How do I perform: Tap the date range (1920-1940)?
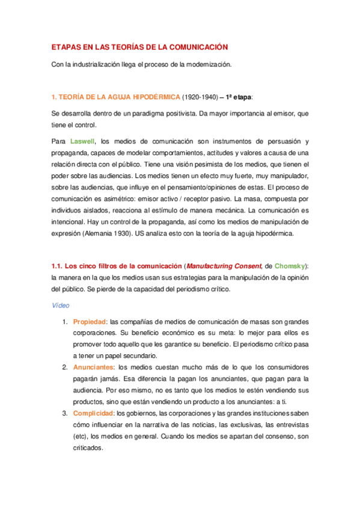coord(201,97)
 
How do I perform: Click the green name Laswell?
coord(82,141)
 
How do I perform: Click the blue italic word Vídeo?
coord(59,306)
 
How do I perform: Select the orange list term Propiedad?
coord(90,321)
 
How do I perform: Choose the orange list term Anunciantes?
coord(93,367)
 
